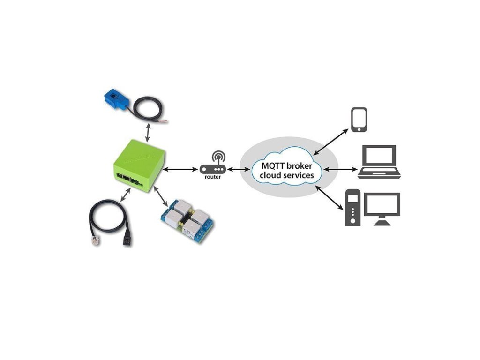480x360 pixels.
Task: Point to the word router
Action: (x=213, y=177)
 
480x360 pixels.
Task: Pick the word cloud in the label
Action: (x=270, y=176)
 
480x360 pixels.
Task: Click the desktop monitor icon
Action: (x=382, y=209)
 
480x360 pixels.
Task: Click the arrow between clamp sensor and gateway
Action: (x=148, y=130)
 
